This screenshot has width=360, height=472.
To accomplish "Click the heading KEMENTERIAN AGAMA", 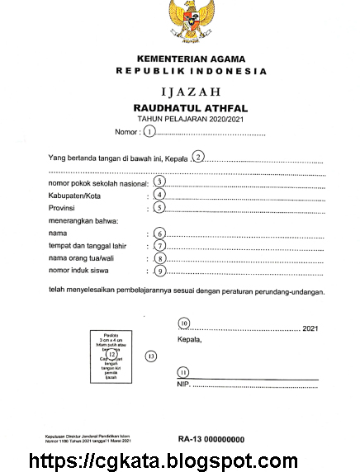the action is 192,61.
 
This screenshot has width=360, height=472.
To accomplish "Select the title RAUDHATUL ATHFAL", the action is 191,108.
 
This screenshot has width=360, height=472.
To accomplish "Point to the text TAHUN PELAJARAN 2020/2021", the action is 191,120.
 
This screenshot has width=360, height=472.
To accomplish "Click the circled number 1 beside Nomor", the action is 149,131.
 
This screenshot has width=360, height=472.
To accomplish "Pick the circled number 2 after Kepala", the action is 198,157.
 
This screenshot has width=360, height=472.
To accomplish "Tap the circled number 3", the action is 160,182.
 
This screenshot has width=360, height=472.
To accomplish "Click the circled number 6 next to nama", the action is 160,234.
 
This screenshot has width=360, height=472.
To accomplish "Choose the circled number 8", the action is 160,258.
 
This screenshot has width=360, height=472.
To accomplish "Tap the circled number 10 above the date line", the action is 184,323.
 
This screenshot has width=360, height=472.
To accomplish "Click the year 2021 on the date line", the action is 310,328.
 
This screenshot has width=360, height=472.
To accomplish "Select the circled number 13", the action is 150,356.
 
